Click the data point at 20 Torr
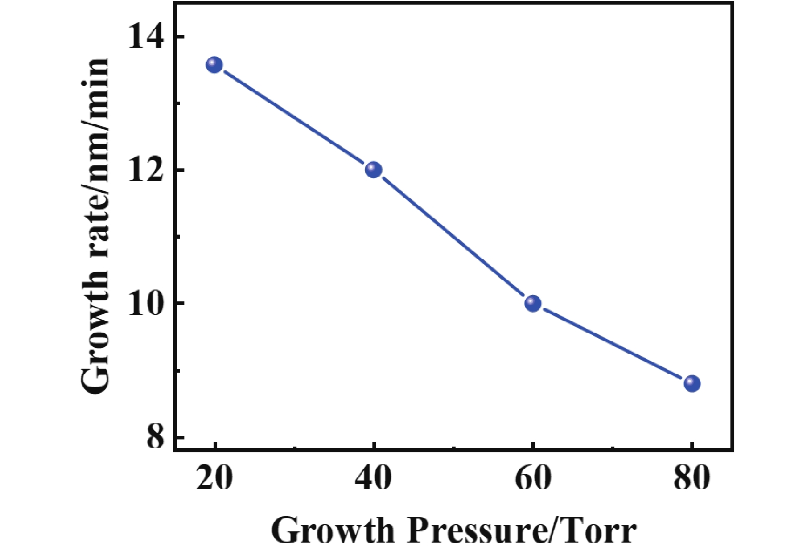pos(214,65)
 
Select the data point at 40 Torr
pos(373,169)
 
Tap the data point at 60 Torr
pos(533,303)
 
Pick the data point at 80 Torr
pos(692,383)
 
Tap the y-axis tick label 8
pos(154,438)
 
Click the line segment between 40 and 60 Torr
pos(453,237)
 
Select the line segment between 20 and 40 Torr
pos(294,117)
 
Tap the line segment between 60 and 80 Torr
pos(612,343)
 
